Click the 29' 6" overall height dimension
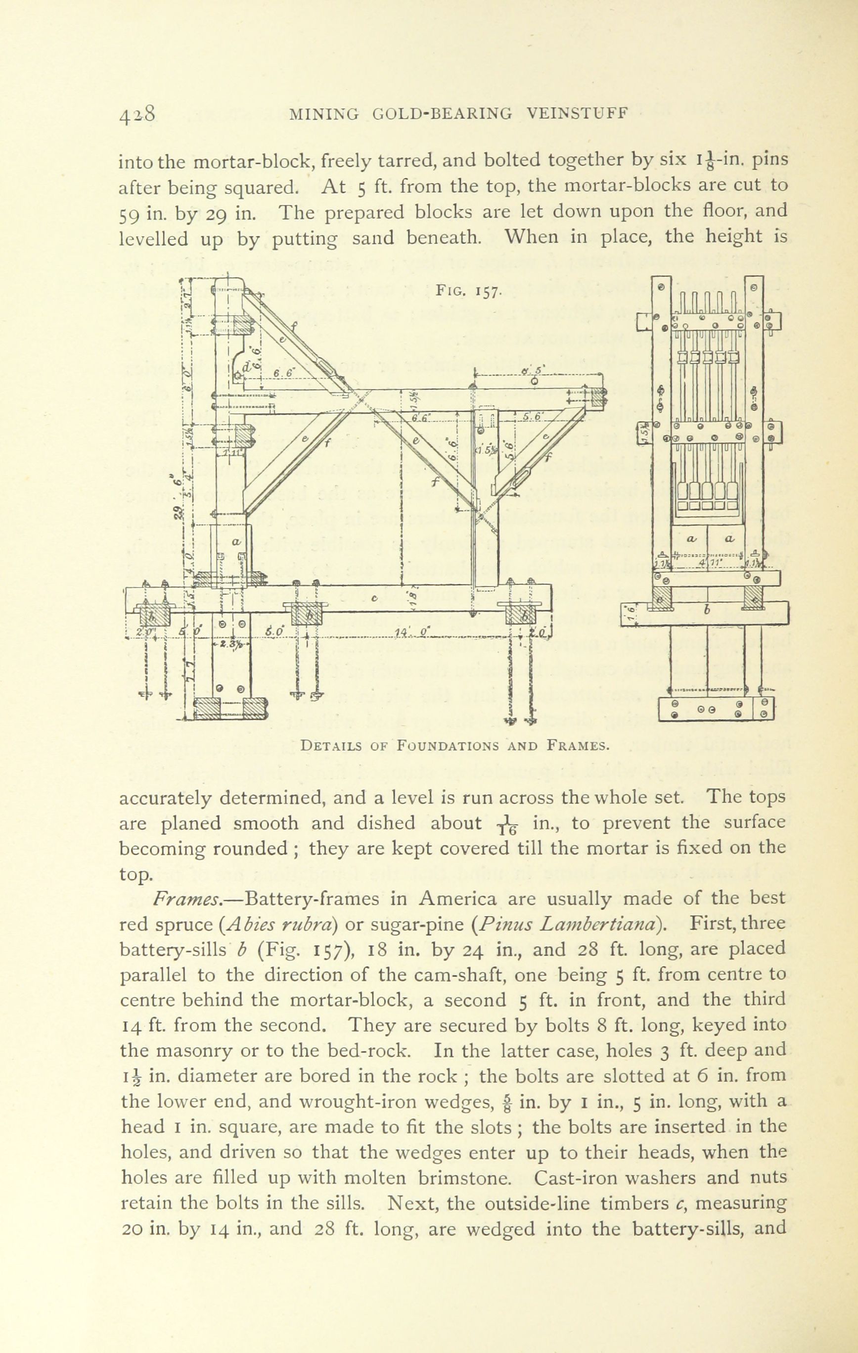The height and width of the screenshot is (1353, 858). (179, 494)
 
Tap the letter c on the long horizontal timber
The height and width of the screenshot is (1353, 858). (373, 599)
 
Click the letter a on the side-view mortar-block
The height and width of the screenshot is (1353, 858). (236, 542)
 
